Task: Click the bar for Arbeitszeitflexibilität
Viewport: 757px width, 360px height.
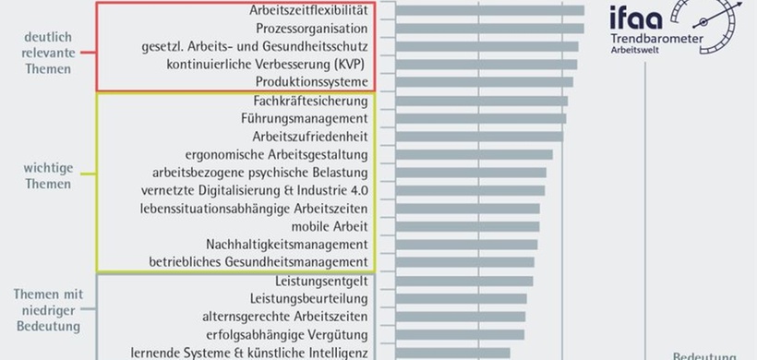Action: pos(490,10)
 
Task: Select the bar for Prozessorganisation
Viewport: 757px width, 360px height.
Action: pos(490,29)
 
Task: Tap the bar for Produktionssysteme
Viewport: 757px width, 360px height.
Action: pos(485,82)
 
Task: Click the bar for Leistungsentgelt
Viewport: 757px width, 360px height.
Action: pos(464,281)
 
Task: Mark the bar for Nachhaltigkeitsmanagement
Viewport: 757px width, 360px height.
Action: pos(467,245)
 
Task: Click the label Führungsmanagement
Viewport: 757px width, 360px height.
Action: pos(304,118)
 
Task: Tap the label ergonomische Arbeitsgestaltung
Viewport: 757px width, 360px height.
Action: pos(277,154)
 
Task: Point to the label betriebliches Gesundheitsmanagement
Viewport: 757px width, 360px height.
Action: pos(258,262)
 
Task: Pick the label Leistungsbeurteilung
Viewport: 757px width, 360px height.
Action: pos(309,298)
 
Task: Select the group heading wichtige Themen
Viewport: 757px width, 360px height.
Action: pos(47,176)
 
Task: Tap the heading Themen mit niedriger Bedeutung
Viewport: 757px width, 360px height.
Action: pos(48,309)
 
